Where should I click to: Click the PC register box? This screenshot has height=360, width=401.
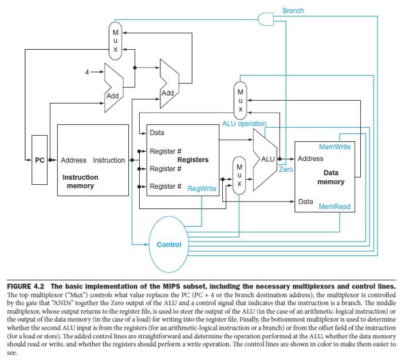point(39,160)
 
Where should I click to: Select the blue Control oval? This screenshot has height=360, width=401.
point(168,245)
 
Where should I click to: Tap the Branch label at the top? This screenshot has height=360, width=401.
point(293,10)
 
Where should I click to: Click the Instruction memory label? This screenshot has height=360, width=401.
point(80,181)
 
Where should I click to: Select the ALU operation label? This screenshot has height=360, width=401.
point(244,124)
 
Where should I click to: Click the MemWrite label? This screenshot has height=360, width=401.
point(335,147)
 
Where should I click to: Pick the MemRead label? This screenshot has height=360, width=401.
point(335,207)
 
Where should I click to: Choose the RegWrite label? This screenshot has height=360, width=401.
point(202,187)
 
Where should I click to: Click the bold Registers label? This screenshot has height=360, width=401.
point(193,160)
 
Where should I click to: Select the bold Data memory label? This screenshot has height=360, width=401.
point(334,177)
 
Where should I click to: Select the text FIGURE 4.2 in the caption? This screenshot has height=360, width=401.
point(29,285)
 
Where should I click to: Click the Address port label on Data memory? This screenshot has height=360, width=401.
point(310,159)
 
